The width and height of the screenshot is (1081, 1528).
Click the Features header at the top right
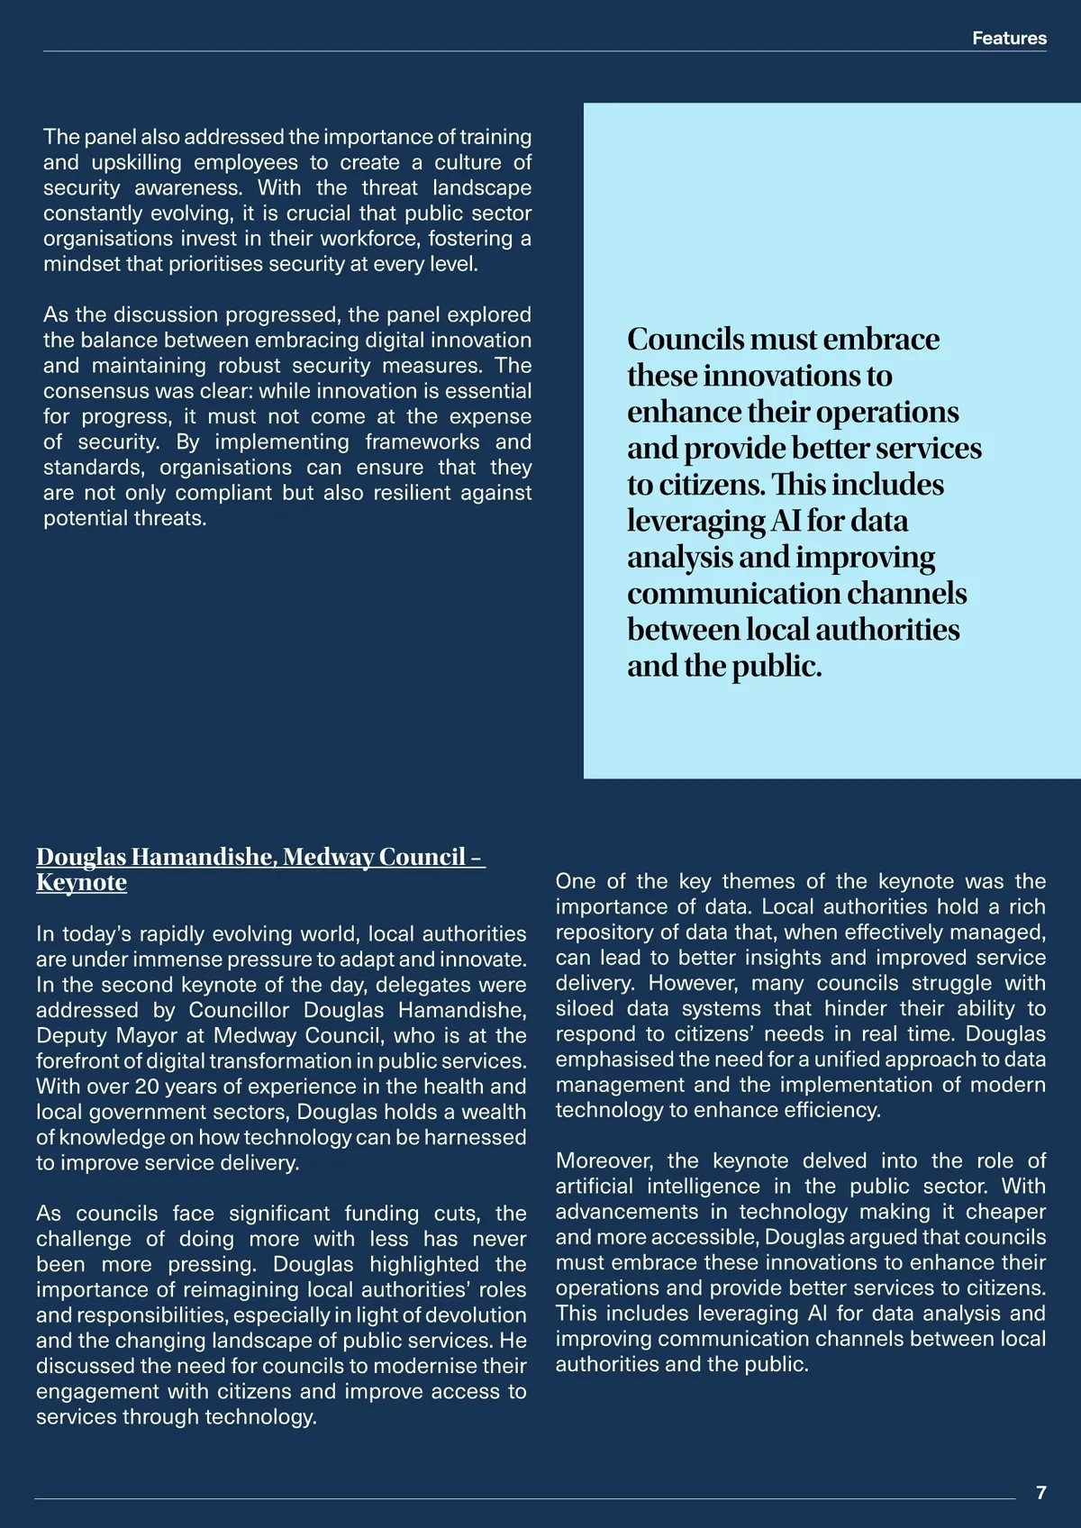click(1009, 38)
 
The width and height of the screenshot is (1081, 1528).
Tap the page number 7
click(1041, 1492)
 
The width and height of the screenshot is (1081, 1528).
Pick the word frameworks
click(422, 441)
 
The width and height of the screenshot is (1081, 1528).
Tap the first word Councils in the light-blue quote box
click(685, 339)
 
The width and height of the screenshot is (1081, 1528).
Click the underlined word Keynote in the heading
click(81, 882)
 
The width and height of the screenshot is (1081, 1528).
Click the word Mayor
click(147, 1035)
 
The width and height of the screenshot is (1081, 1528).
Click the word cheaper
click(1007, 1212)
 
